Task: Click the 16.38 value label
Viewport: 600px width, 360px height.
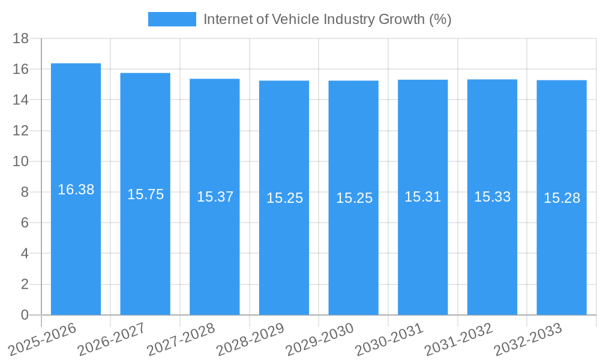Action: tap(76, 190)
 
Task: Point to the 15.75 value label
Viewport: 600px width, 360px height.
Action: tap(145, 194)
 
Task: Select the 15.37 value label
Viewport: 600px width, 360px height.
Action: tap(215, 197)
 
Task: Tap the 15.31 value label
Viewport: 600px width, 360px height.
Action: tap(423, 197)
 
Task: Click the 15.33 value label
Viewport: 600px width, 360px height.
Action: tap(492, 197)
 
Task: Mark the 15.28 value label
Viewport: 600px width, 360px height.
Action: tap(562, 198)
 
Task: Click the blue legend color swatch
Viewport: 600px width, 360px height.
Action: tap(172, 19)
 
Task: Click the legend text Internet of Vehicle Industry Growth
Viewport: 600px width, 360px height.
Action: tap(327, 19)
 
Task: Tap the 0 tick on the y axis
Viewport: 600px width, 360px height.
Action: tap(25, 315)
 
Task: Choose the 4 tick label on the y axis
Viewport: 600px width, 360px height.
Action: tap(25, 254)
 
